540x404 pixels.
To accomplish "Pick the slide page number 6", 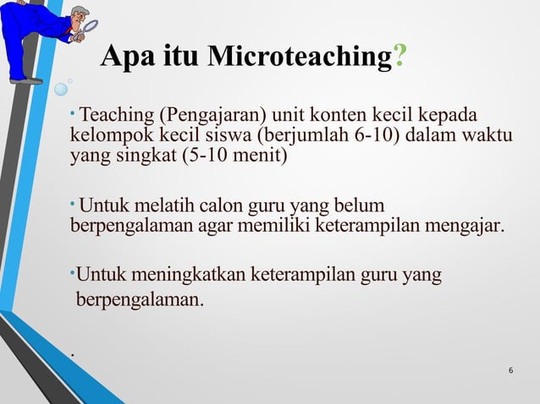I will [x=511, y=371].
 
